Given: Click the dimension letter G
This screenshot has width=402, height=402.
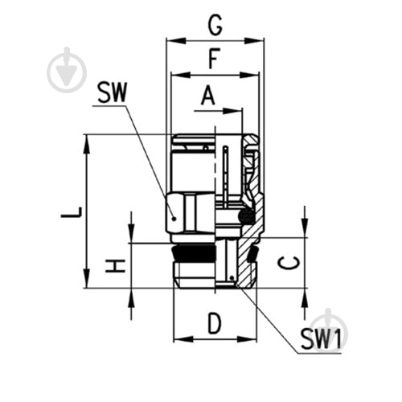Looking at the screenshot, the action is (215, 26).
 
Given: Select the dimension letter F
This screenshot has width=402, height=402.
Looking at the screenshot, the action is (215, 59).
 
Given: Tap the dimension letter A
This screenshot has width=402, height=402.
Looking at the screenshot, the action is (208, 95).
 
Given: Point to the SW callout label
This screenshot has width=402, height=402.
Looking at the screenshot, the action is (112, 92).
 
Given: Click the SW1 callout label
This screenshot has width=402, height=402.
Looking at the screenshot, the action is (321, 339).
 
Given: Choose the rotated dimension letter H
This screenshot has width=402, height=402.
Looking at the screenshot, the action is (115, 266).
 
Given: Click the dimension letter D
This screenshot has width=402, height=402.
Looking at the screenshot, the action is (215, 324).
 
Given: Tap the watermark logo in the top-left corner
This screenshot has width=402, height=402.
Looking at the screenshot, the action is (67, 70).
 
